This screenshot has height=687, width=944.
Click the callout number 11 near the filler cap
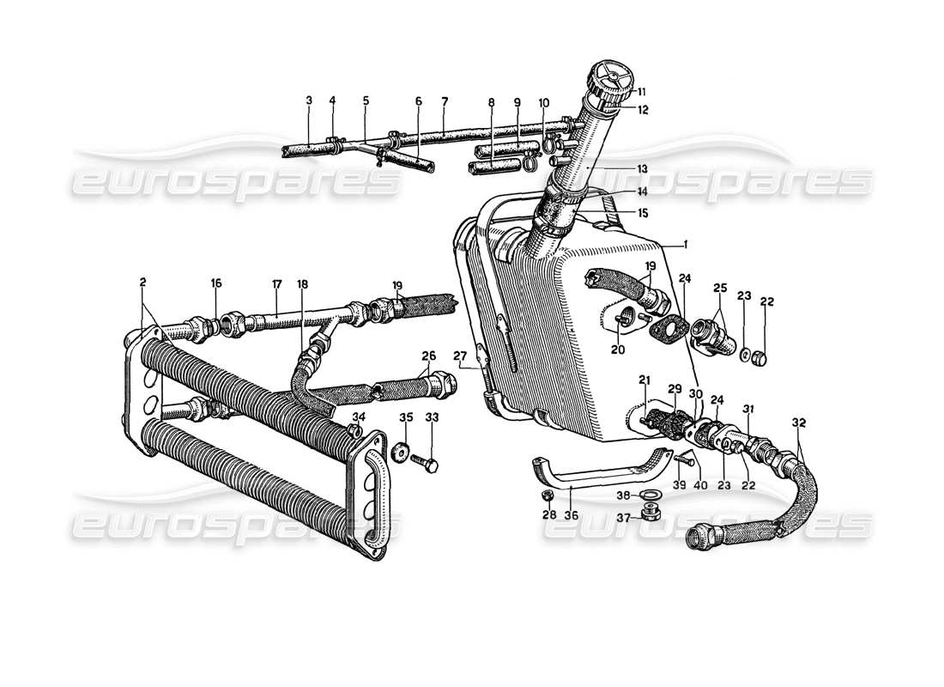click(641, 91)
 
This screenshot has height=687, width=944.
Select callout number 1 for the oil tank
click(687, 245)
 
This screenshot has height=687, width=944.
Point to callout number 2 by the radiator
click(142, 282)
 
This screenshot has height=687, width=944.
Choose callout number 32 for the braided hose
click(799, 423)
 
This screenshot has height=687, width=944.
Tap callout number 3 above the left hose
click(309, 100)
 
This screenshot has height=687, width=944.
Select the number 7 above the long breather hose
click(445, 100)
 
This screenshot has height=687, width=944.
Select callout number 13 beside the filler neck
click(642, 168)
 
